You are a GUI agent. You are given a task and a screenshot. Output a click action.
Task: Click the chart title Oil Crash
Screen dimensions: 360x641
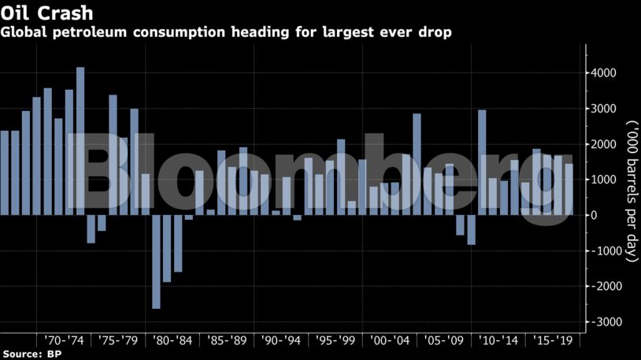(36, 13)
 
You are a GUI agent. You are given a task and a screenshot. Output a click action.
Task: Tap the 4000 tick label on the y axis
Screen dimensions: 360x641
(603, 73)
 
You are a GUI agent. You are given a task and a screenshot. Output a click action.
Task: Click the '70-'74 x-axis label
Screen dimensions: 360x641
(65, 341)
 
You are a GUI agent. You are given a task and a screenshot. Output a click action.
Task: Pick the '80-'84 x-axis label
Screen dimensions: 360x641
(173, 341)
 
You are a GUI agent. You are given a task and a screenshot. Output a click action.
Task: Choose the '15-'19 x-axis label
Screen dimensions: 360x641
(553, 341)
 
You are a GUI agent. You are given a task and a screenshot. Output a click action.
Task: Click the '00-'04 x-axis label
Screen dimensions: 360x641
(391, 341)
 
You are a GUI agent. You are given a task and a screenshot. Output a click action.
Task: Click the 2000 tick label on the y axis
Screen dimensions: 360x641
(603, 144)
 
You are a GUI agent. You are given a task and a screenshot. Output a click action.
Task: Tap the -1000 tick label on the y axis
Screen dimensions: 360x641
(603, 251)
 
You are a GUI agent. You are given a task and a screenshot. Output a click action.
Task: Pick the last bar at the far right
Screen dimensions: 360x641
(569, 189)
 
